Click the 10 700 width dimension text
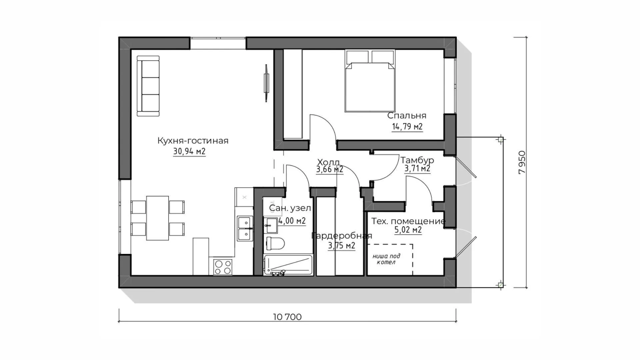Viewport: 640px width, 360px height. tap(287, 317)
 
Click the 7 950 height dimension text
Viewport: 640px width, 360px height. tap(522, 162)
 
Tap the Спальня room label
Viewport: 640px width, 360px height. tap(407, 116)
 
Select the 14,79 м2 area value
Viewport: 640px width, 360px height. tap(407, 127)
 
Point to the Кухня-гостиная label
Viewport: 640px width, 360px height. tap(193, 141)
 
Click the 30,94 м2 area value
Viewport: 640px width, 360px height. tap(189, 152)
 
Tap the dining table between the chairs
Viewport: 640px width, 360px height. tap(158, 218)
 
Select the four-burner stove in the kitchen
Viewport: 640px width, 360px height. tap(223, 267)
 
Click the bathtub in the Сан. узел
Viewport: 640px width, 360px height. tap(288, 265)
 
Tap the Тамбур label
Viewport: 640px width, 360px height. tap(417, 160)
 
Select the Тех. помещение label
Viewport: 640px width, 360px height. tap(408, 221)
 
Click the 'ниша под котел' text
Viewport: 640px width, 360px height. tap(386, 259)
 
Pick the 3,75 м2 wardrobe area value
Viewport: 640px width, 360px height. tap(341, 246)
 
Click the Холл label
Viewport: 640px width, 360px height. tap(328, 162)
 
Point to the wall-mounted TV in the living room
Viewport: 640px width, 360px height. tap(266, 83)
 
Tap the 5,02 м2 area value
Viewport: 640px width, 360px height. tap(408, 230)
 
